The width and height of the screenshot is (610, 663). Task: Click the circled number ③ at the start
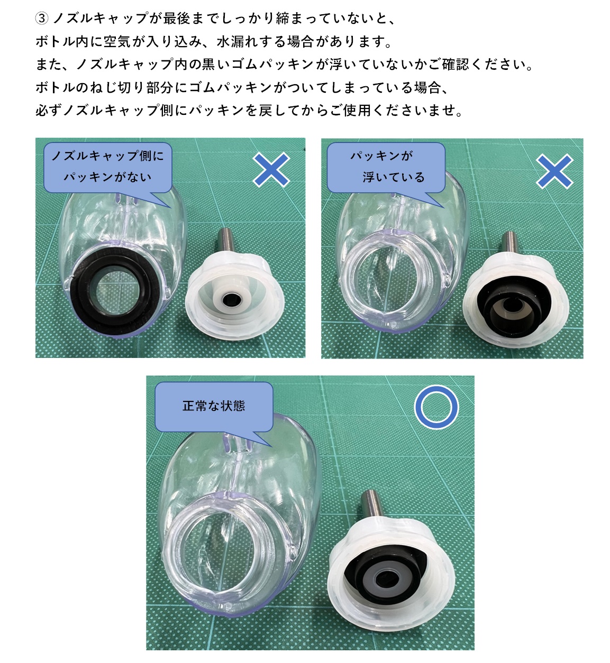(42, 19)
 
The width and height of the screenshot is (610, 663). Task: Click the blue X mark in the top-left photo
(271, 169)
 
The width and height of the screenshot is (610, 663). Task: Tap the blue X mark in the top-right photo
(554, 171)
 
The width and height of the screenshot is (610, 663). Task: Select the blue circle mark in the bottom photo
(436, 407)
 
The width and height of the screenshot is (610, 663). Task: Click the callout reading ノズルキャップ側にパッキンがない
(107, 167)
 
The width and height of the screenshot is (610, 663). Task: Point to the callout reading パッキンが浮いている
(386, 167)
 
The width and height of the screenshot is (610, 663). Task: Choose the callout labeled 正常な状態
(214, 406)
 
